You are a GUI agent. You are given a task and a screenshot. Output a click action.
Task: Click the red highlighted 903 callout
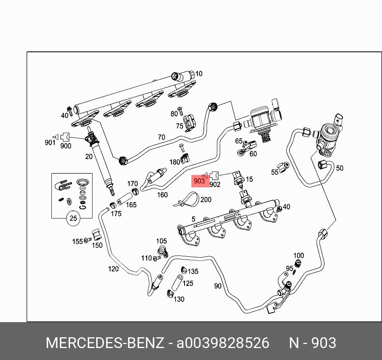coord(199,181)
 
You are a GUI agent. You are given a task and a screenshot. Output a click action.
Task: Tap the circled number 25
coord(73,218)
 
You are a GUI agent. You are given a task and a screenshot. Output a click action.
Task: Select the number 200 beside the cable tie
coord(206,199)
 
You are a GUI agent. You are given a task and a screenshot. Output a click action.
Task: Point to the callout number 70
coord(161,137)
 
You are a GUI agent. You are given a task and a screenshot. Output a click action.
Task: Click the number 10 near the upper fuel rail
coord(199,74)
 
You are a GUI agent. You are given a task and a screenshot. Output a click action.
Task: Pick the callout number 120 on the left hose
coord(113,269)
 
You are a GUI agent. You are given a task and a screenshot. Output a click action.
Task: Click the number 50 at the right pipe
coord(339,168)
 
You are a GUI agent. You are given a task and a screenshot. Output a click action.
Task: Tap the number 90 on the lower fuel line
coord(217,286)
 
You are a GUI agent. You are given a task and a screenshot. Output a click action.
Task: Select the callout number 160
coord(162,195)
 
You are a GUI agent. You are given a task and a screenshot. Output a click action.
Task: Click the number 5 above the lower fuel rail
coord(193,219)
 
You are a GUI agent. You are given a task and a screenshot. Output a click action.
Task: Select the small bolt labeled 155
coord(88,240)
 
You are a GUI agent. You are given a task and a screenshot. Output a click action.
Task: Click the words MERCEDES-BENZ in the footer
coord(104,343)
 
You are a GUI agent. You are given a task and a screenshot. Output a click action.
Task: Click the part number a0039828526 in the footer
coord(223,343)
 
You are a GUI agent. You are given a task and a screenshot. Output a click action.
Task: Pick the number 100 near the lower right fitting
coord(298,256)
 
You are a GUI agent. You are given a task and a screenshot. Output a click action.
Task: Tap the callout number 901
coord(50,142)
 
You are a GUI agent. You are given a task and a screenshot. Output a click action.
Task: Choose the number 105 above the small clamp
coord(161,241)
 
